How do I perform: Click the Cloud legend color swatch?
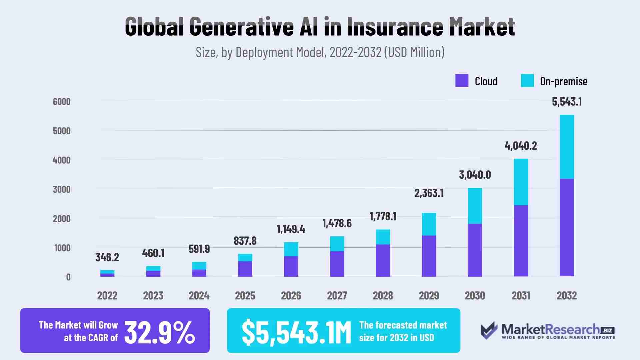tap(462, 81)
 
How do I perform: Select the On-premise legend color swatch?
tap(527, 81)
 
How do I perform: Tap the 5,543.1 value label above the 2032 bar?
tap(567, 102)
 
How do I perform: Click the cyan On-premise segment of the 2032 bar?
tap(567, 147)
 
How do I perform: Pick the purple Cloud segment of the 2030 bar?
tap(475, 250)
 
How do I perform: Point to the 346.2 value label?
tap(107, 257)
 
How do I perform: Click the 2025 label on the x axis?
tap(245, 296)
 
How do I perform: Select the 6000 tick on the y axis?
tap(62, 102)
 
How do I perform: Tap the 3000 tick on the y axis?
tap(62, 189)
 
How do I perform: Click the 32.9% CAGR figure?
tap(160, 332)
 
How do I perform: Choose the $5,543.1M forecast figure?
tap(296, 332)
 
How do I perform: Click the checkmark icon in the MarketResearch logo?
tap(489, 330)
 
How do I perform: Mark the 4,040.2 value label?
tap(521, 146)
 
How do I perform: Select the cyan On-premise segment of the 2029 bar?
tap(429, 224)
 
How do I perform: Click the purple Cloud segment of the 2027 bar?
tap(337, 264)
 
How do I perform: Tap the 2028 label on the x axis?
tap(383, 296)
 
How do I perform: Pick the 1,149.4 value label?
tap(291, 229)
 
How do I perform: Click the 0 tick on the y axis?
tap(68, 277)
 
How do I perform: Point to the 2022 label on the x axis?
tap(107, 296)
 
